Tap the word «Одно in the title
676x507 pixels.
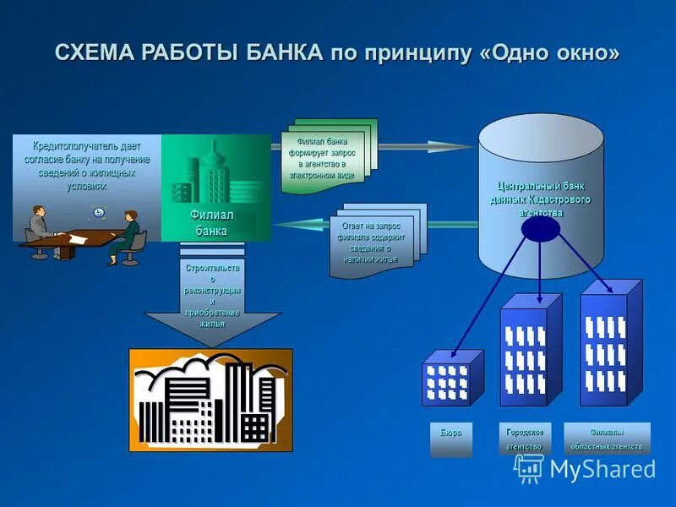coord(517,52)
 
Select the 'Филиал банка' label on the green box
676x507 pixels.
coord(211,223)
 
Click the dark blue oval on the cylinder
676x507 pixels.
coord(541,228)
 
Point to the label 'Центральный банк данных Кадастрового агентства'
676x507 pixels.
coord(541,199)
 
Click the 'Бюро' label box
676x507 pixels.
coord(450,439)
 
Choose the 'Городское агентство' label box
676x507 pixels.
coord(524,439)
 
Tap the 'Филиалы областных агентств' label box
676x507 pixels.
coord(607,439)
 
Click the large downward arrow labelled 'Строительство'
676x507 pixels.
coord(212,300)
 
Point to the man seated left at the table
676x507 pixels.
coord(40,224)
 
